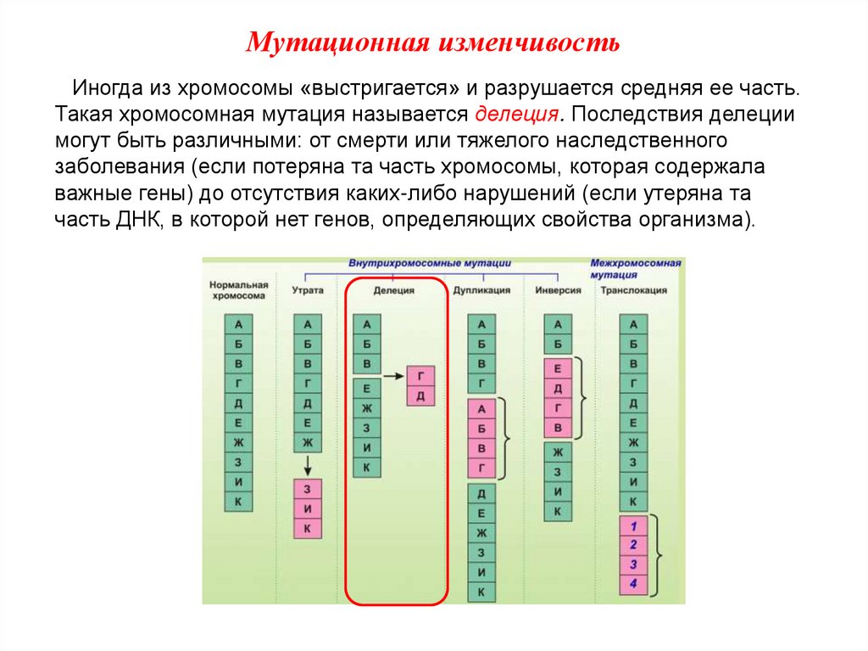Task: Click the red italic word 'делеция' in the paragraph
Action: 518,113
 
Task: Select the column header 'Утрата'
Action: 308,290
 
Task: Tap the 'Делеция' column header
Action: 393,290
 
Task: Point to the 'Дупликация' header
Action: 481,290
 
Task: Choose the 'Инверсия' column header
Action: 558,290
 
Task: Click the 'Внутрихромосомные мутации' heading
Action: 431,264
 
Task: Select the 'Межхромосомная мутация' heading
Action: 636,269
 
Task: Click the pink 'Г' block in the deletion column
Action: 420,375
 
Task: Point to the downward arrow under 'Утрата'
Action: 308,466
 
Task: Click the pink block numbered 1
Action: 633,525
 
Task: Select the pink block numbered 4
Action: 633,584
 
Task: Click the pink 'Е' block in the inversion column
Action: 557,369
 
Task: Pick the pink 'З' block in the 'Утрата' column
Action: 307,490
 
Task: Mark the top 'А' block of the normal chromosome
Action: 238,324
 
